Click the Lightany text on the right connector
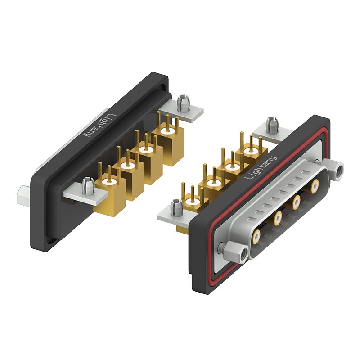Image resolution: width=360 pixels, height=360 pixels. [261, 168]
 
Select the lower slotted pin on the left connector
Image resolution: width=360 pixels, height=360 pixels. [88, 186]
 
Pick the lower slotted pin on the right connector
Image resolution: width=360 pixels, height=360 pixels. [177, 207]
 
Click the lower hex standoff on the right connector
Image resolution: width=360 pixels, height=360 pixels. [235, 252]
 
